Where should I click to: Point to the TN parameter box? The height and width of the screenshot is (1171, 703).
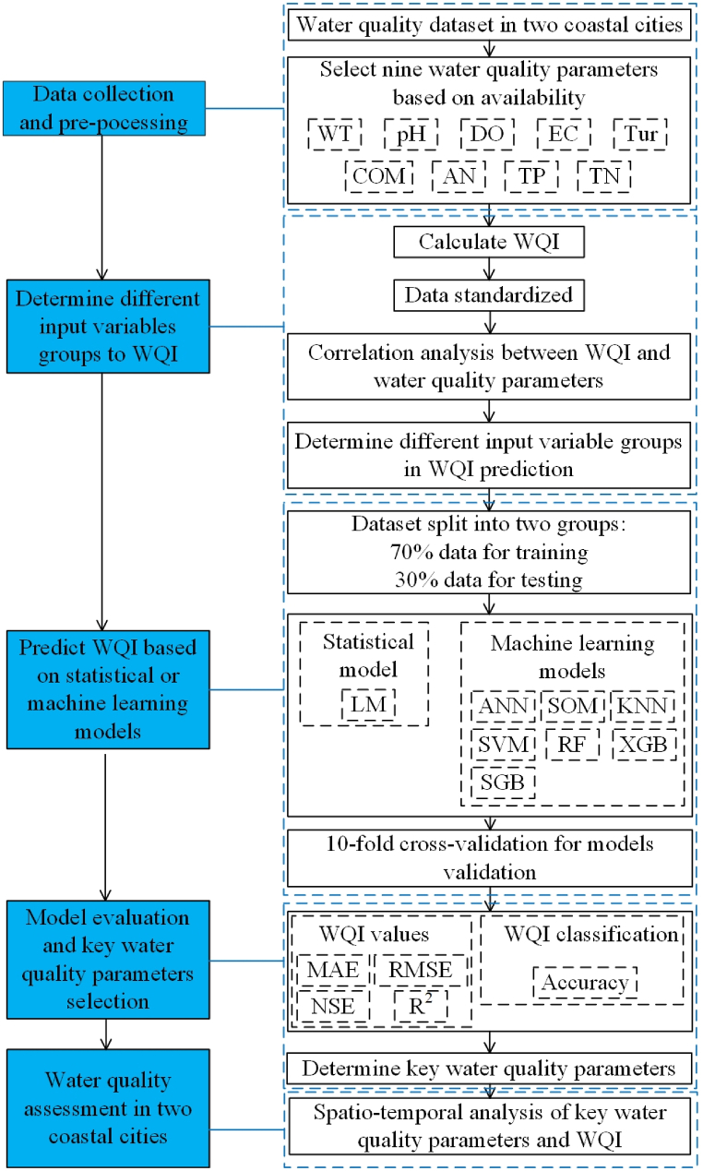[x=603, y=176]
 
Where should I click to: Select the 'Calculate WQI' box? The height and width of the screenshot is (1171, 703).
[x=488, y=243]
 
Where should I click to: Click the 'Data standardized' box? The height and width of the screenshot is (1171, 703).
[x=488, y=295]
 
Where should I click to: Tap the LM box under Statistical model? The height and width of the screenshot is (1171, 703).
[x=368, y=706]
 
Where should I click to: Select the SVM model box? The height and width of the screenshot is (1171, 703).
[x=503, y=744]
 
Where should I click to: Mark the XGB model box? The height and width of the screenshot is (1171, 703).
[x=644, y=744]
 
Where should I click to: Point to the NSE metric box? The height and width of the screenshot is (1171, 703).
[x=333, y=1006]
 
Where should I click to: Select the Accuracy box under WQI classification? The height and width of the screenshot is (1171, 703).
[x=584, y=982]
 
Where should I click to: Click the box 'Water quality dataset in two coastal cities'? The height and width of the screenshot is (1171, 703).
[x=488, y=24]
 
